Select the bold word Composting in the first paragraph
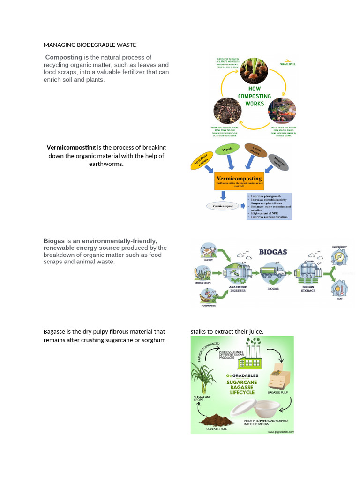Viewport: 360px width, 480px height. click(63, 57)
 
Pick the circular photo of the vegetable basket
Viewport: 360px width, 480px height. click(282, 111)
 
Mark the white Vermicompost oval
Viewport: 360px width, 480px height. click(223, 205)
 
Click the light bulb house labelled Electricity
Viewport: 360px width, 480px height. click(339, 256)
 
